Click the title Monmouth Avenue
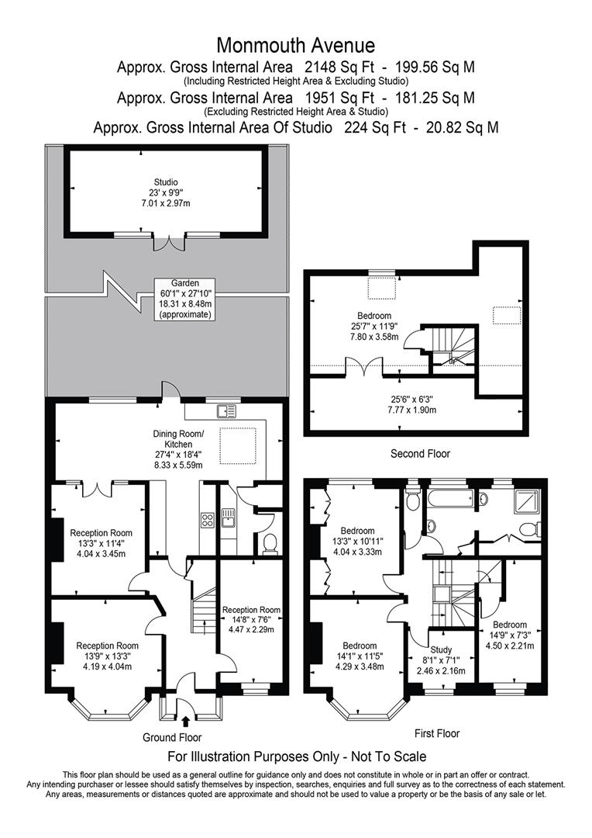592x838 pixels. point(295,46)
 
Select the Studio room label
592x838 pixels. point(166,182)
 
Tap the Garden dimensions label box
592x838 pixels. point(185,299)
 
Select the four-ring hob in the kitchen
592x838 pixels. point(208,519)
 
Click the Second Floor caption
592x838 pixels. point(420,454)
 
